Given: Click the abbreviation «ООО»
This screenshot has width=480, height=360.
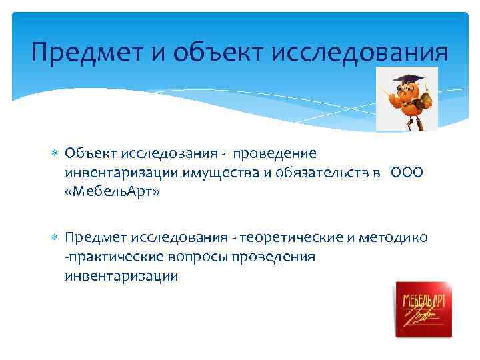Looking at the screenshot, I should [407, 173].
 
